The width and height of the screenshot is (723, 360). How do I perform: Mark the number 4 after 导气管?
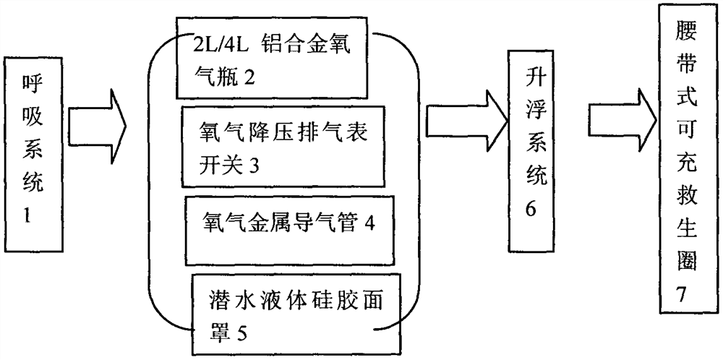(369, 223)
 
